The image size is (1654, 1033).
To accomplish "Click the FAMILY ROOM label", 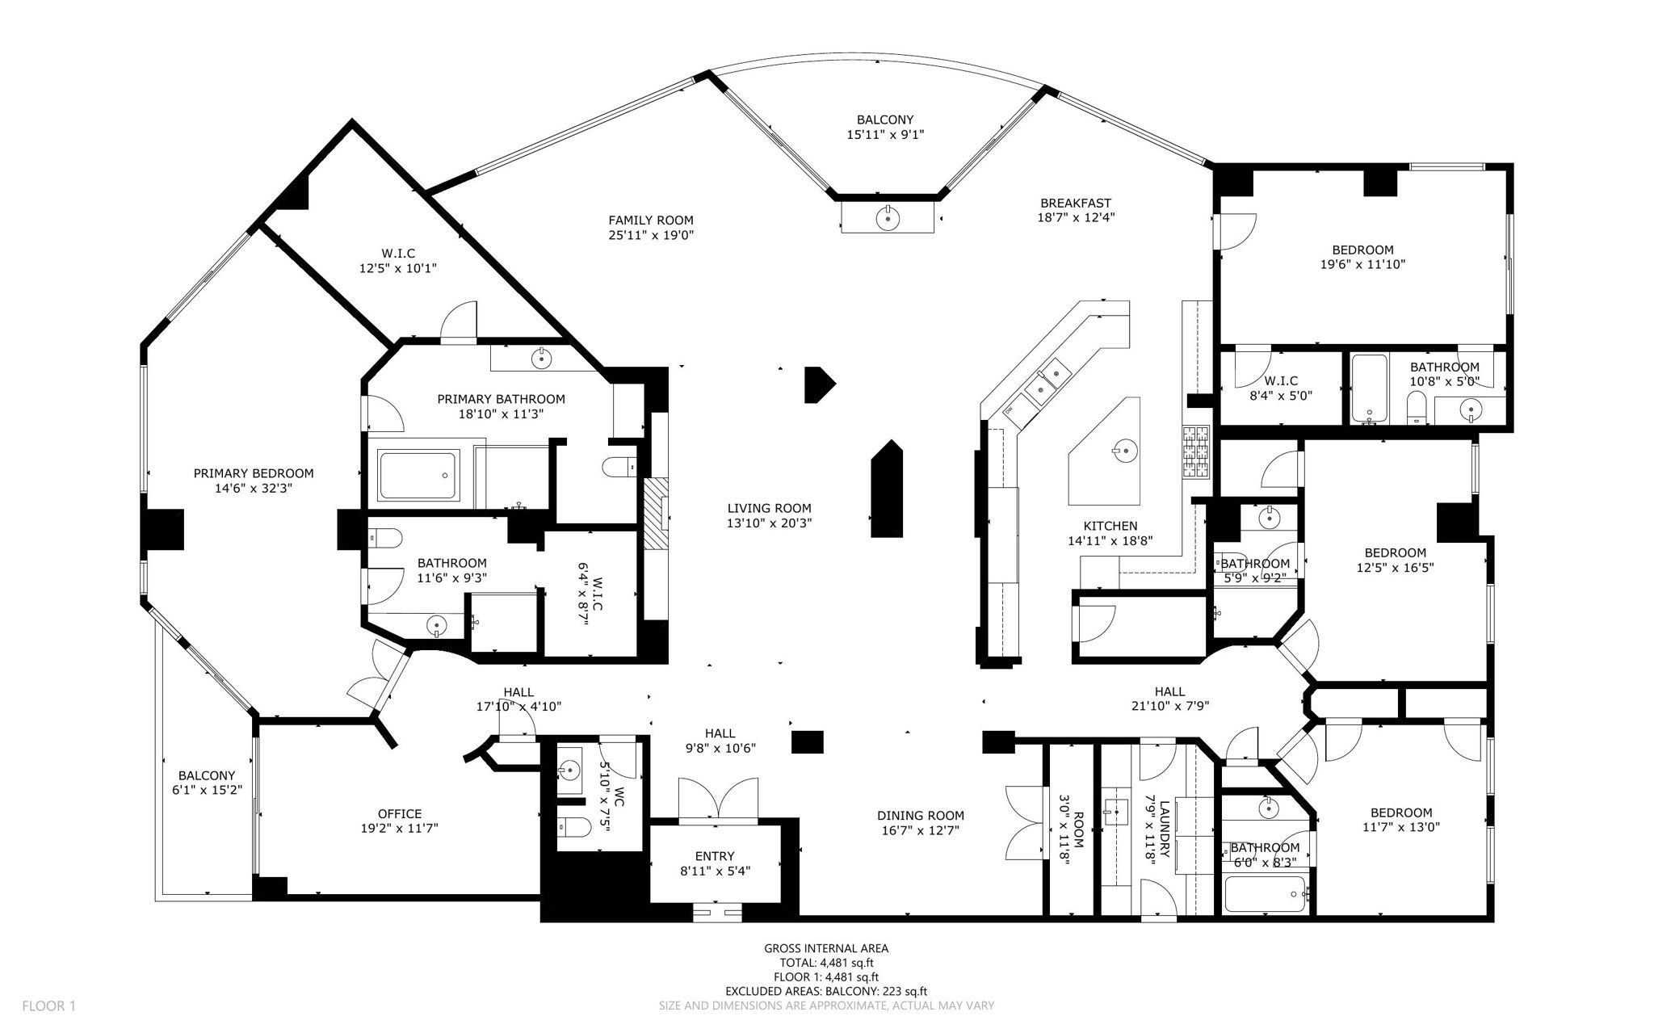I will tap(650, 220).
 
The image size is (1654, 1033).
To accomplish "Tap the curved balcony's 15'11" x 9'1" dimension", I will tap(885, 136).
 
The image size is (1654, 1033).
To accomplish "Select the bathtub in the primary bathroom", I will tap(418, 476).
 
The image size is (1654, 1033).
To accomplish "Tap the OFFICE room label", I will tap(400, 813).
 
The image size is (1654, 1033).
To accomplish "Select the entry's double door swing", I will tap(718, 800).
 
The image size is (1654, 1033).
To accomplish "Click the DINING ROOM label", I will tap(921, 816).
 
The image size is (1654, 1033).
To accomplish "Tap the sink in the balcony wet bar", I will tap(888, 216).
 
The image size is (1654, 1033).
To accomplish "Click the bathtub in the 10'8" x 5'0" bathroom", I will tap(1369, 388).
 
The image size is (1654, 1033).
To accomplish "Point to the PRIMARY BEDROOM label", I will tap(254, 474).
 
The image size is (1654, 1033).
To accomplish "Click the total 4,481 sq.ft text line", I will tap(826, 963).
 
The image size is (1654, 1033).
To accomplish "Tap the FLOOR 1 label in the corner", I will tap(48, 1006).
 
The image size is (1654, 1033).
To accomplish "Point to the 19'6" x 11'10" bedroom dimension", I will tap(1362, 264).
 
